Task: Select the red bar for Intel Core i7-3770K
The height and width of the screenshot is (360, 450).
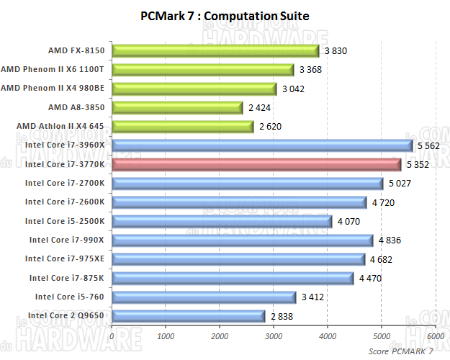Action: pyautogui.click(x=256, y=164)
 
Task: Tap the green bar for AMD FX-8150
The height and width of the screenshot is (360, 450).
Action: pyautogui.click(x=215, y=50)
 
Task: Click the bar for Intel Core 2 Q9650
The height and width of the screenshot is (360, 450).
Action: pyautogui.click(x=189, y=315)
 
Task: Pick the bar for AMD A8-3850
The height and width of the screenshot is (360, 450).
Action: pyautogui.click(x=177, y=107)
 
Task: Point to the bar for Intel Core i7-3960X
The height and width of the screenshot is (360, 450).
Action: pyautogui.click(x=262, y=145)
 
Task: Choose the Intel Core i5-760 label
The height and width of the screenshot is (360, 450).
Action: pyautogui.click(x=68, y=297)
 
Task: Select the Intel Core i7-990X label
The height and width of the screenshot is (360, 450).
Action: pyautogui.click(x=66, y=240)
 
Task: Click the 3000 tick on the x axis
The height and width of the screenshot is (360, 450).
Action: pyautogui.click(x=274, y=336)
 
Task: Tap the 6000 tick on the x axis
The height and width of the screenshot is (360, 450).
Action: pyautogui.click(x=435, y=336)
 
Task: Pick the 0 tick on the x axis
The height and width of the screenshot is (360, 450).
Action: pyautogui.click(x=112, y=336)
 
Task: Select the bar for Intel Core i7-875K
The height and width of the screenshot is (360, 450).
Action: pyautogui.click(x=233, y=278)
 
